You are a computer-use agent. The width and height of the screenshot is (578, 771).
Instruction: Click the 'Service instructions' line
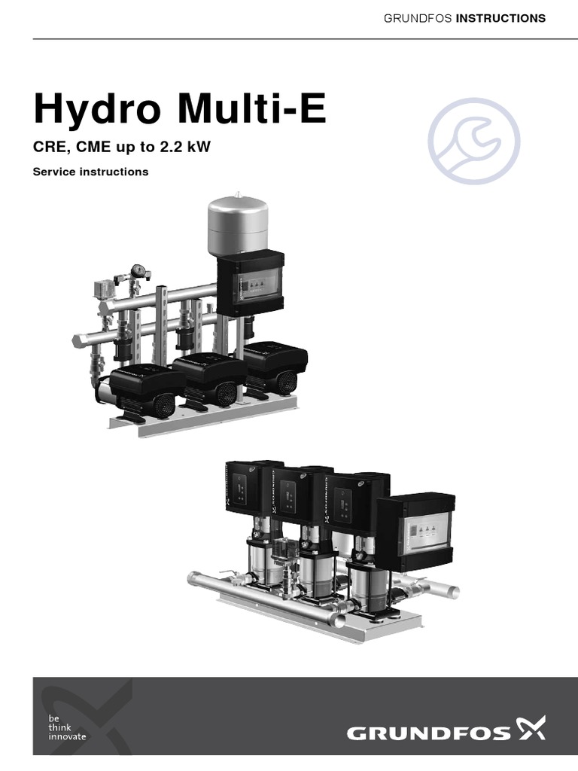(90, 172)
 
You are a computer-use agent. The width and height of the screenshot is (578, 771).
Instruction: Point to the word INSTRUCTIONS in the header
(500, 19)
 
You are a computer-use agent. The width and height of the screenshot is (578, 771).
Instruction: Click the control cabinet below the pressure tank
(251, 283)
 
